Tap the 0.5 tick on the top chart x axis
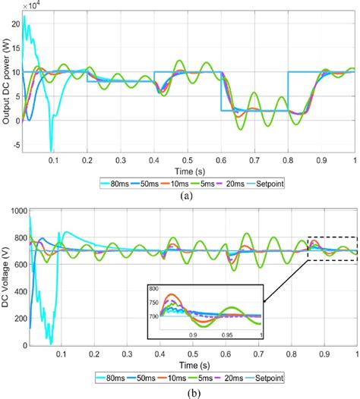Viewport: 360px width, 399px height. (x=188, y=161)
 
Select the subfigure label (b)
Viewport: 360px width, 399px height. (x=179, y=389)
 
